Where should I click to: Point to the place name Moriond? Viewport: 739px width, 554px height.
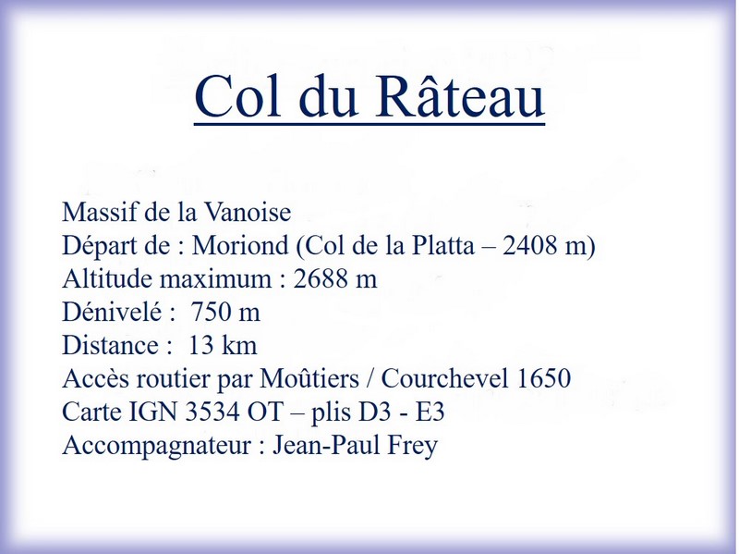pyautogui.click(x=240, y=245)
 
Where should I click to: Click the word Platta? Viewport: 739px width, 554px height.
pyautogui.click(x=443, y=245)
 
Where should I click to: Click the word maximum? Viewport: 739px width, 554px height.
pyautogui.click(x=215, y=279)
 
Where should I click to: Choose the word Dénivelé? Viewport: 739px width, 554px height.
pyautogui.click(x=112, y=312)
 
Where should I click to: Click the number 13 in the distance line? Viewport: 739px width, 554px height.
pyautogui.click(x=201, y=345)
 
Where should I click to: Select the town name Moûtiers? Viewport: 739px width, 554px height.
pyautogui.click(x=309, y=378)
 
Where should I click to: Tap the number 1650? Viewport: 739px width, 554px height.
pyautogui.click(x=544, y=378)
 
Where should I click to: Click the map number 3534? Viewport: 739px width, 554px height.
pyautogui.click(x=212, y=412)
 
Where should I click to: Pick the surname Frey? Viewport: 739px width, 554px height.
pyautogui.click(x=412, y=446)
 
